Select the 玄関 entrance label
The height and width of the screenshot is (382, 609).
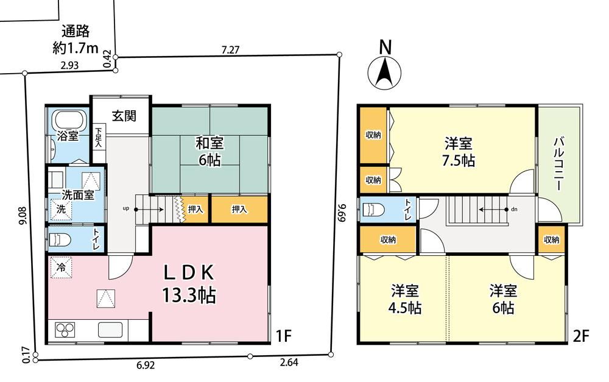coord(124,115)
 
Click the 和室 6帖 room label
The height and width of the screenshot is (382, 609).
coord(209,152)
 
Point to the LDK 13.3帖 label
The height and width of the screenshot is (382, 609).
coord(189,285)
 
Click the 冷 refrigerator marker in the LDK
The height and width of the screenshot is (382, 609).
coord(62,267)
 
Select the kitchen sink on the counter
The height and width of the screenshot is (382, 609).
coord(110,330)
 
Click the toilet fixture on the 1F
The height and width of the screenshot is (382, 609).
coord(60,240)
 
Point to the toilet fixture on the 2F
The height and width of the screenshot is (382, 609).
coord(373,210)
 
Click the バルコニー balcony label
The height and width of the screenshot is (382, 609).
coord(558,164)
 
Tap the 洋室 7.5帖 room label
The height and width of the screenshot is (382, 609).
coord(459,152)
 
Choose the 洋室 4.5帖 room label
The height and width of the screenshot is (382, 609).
coord(405,299)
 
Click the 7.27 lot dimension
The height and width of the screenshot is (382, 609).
coord(230,50)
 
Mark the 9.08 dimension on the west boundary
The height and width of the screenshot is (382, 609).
coord(22,215)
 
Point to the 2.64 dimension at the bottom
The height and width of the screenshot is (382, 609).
coord(289,363)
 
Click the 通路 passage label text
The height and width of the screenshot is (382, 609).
coord(76,32)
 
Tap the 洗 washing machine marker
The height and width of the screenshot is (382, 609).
coord(62,209)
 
